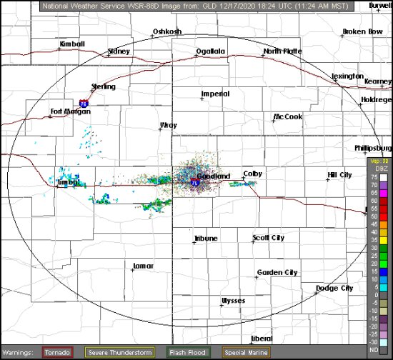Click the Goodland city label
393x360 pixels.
(x=214, y=176)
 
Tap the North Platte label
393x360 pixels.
(x=282, y=51)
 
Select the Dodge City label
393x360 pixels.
(x=334, y=288)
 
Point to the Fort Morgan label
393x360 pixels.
(x=67, y=111)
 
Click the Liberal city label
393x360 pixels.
(x=262, y=338)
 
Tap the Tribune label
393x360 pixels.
(x=206, y=239)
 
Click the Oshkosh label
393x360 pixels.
(x=167, y=31)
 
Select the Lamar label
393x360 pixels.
(x=144, y=266)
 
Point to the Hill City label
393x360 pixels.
(x=339, y=174)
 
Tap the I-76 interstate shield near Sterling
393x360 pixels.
(x=84, y=103)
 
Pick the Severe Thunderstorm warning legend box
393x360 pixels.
(x=119, y=352)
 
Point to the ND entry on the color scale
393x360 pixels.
(x=373, y=350)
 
